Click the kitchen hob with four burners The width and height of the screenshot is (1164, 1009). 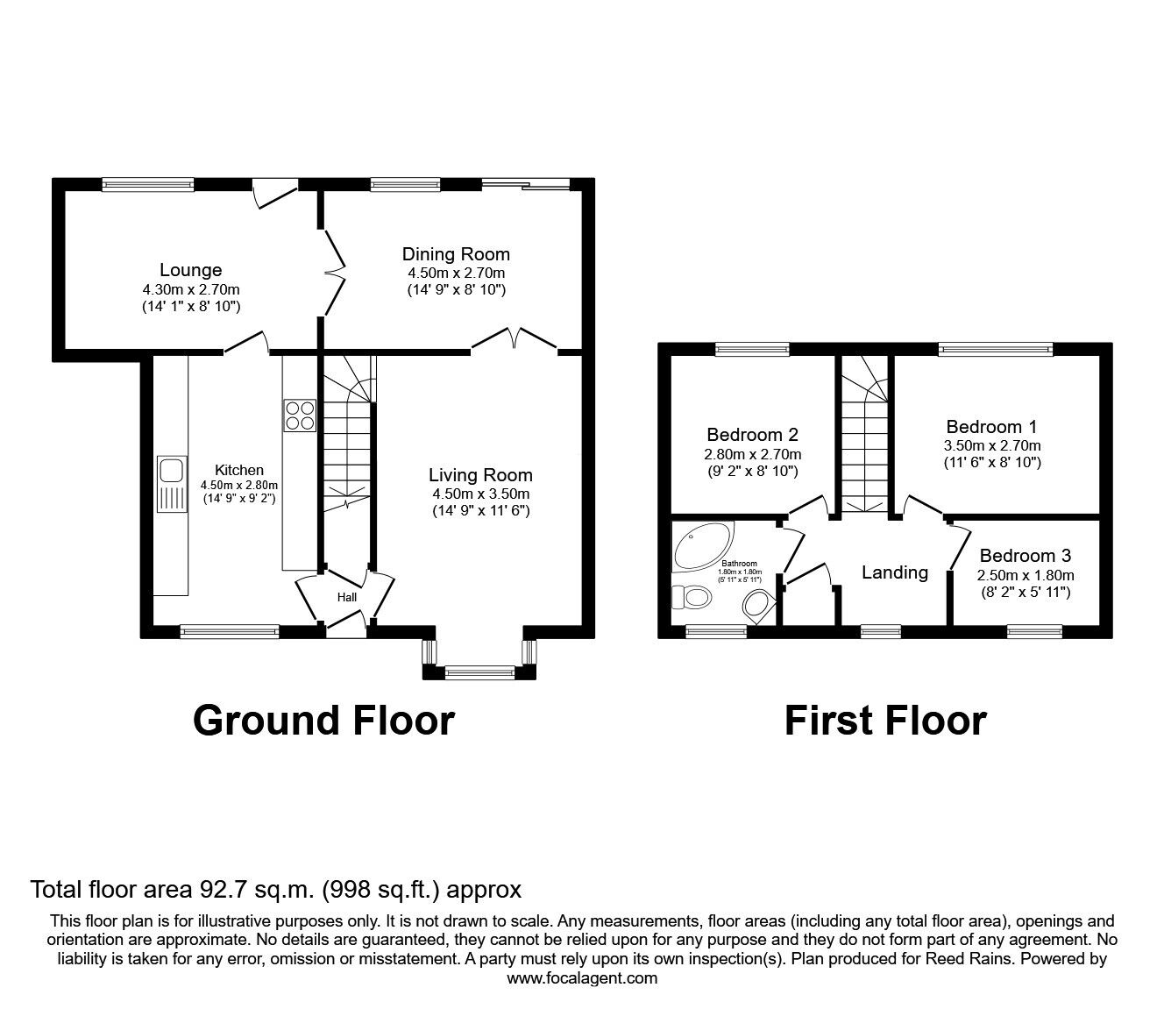click(x=300, y=416)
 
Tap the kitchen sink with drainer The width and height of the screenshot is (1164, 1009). click(x=172, y=484)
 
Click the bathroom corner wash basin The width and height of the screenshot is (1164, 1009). click(x=757, y=606)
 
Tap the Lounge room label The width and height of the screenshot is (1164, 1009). click(x=191, y=270)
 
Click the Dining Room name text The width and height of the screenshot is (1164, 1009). click(x=456, y=254)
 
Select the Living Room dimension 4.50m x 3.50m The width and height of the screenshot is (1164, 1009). click(x=481, y=494)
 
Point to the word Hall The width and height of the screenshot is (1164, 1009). click(x=347, y=597)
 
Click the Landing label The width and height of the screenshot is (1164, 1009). click(x=895, y=573)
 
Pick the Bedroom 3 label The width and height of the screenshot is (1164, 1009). click(x=1025, y=556)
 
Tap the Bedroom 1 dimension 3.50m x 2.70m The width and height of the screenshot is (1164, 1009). click(x=992, y=445)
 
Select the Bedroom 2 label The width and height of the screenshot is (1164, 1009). click(x=752, y=435)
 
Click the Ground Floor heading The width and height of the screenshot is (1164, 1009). click(x=323, y=721)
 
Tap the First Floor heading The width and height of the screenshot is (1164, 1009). click(x=885, y=721)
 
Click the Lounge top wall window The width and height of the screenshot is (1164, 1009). click(x=148, y=184)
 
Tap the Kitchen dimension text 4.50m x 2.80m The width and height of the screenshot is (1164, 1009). click(x=239, y=485)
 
